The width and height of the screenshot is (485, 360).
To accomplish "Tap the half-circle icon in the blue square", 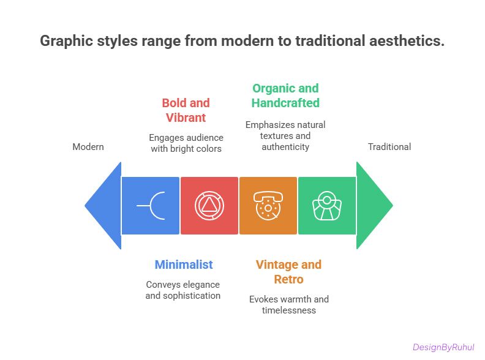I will (151, 206).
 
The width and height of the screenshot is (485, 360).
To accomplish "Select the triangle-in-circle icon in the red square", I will (209, 206).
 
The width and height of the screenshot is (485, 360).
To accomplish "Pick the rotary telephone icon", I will (268, 206).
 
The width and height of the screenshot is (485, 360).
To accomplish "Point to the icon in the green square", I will (326, 206).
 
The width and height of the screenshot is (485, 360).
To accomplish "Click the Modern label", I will (88, 147).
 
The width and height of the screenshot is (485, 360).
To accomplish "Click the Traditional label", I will (389, 147).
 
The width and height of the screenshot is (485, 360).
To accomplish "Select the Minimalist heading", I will (184, 264).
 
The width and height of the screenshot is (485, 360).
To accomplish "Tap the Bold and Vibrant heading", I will (186, 110).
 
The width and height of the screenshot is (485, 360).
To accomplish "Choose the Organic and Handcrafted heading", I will (285, 96).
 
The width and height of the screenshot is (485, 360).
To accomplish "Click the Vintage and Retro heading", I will (288, 272).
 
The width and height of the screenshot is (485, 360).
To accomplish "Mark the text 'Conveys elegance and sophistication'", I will (182, 290).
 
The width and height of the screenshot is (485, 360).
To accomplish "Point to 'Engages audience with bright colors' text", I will (185, 143).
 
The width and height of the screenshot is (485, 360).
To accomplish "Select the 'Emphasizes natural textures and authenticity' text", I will (285, 136).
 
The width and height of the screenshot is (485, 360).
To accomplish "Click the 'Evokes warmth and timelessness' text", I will (288, 305).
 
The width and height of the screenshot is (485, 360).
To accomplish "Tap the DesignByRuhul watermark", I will (444, 347).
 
